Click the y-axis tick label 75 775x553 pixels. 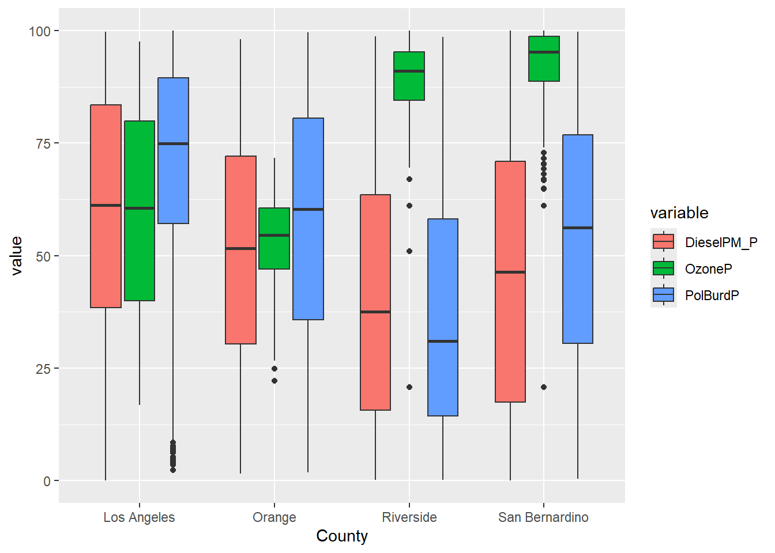(43, 143)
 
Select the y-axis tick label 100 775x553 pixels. (40, 31)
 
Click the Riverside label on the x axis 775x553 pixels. (409, 517)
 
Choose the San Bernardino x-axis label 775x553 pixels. (543, 517)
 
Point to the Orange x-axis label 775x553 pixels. (274, 517)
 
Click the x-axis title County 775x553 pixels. (342, 536)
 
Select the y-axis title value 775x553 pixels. (17, 256)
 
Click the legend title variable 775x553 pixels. (679, 213)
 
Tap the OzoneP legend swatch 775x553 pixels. (663, 268)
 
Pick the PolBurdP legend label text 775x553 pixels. (712, 296)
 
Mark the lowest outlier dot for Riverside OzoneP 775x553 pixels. (409, 387)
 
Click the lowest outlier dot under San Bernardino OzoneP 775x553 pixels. (544, 387)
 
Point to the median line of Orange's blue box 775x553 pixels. (308, 209)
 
